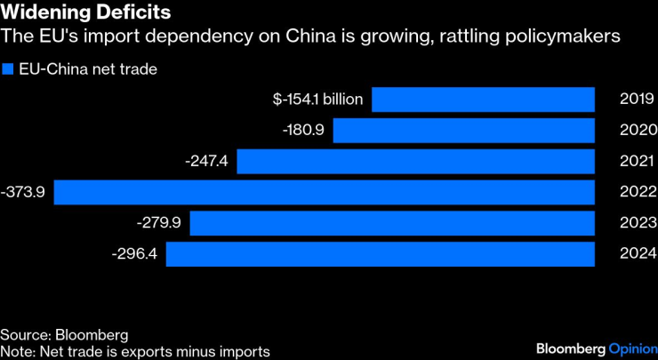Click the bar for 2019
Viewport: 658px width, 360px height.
pos(483,100)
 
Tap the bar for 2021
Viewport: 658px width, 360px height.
pos(415,162)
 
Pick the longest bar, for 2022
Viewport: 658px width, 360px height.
pos(325,192)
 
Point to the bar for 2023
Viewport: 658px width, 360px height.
pos(392,223)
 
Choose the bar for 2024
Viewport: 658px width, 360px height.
pos(380,254)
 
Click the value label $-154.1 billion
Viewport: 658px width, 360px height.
pos(318,100)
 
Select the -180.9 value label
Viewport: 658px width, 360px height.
pos(304,131)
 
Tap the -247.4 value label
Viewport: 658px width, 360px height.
pos(207,162)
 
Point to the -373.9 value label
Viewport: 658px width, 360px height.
pos(26,192)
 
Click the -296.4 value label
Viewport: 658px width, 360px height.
pos(135,254)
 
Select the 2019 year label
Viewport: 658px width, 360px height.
pos(637,100)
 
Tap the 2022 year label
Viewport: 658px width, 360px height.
pos(637,192)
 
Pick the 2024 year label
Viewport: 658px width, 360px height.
pos(637,254)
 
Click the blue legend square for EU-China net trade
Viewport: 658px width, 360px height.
pos(9,68)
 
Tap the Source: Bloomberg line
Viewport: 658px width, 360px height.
pos(64,335)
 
